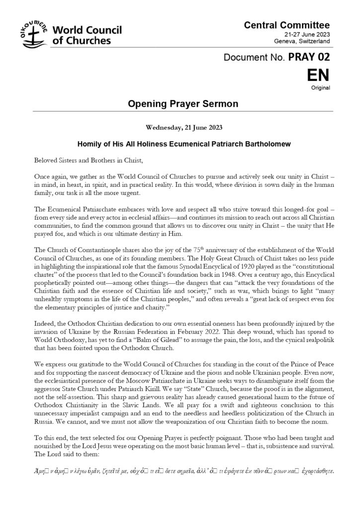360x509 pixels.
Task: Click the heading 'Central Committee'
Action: tap(287, 24)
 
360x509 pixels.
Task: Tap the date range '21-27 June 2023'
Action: tap(306, 35)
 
